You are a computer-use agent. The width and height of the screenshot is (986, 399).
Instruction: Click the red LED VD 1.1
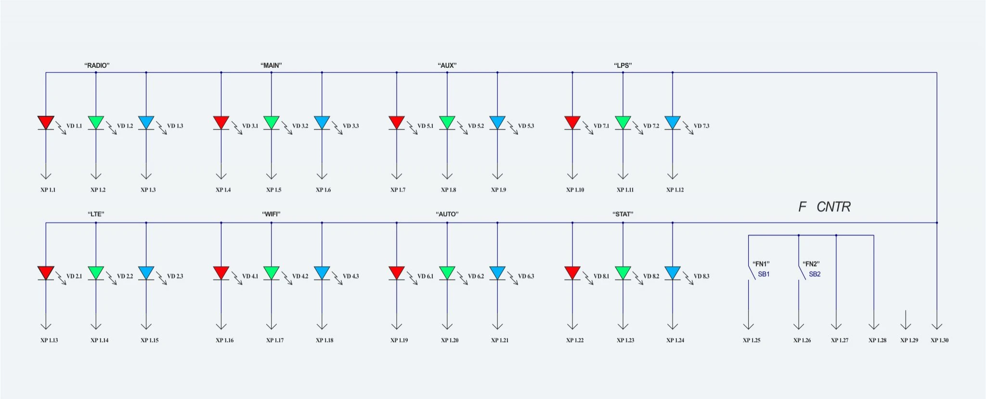point(46,123)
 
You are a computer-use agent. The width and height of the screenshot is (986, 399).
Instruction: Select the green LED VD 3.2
point(272,123)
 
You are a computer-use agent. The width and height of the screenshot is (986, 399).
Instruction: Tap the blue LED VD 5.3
point(497,123)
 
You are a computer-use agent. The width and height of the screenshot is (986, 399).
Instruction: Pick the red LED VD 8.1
point(572,273)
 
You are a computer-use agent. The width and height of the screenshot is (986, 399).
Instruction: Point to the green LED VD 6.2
point(447,273)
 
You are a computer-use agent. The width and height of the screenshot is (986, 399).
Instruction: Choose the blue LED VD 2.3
point(146,273)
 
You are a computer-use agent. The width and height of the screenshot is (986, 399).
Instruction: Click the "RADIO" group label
point(97,65)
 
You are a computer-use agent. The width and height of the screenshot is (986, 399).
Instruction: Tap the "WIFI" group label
point(271,214)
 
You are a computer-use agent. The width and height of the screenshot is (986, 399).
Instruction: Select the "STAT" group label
point(623,214)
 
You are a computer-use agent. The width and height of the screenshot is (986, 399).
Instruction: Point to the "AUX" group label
point(447,65)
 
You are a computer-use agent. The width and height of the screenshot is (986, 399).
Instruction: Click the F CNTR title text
point(824,206)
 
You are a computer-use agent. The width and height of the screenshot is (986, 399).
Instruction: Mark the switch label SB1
point(764,274)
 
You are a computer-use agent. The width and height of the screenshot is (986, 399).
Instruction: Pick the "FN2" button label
point(811,264)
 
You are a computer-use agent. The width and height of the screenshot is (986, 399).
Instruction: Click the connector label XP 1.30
point(939,340)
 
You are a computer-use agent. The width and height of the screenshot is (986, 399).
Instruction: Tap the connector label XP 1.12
point(675,190)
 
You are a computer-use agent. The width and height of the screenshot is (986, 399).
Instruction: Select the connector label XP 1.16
point(224,340)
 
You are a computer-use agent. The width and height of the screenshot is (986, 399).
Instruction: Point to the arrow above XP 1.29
point(906,320)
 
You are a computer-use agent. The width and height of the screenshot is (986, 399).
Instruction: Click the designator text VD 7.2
point(651,126)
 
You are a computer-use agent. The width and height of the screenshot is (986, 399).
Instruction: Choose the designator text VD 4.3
point(350,276)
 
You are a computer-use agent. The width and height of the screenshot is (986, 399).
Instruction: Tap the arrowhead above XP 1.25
point(749,326)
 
